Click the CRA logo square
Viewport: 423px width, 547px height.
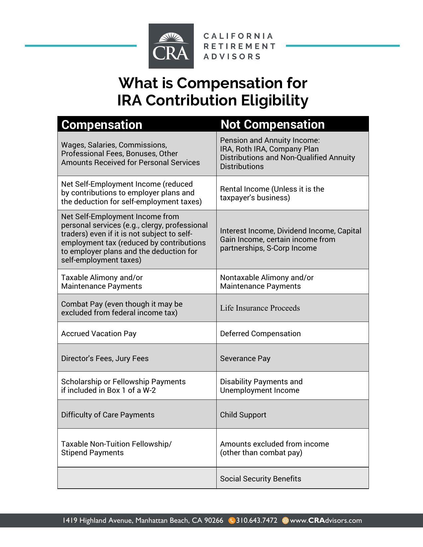pyautogui.click(x=171, y=46)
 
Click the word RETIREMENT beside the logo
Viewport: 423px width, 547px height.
pyautogui.click(x=239, y=46)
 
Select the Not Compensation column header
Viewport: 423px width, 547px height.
pyautogui.click(x=272, y=124)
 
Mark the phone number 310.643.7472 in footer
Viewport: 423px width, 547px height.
pyautogui.click(x=256, y=520)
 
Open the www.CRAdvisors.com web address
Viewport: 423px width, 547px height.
pyautogui.click(x=326, y=520)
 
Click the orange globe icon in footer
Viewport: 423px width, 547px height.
pyautogui.click(x=285, y=520)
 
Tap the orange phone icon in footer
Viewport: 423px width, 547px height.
pyautogui.click(x=232, y=520)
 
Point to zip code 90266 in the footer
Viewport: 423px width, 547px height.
pyautogui.click(x=214, y=520)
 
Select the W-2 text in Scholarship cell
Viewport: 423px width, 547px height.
pyautogui.click(x=149, y=390)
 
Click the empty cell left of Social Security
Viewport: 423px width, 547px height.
pyautogui.click(x=137, y=478)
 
